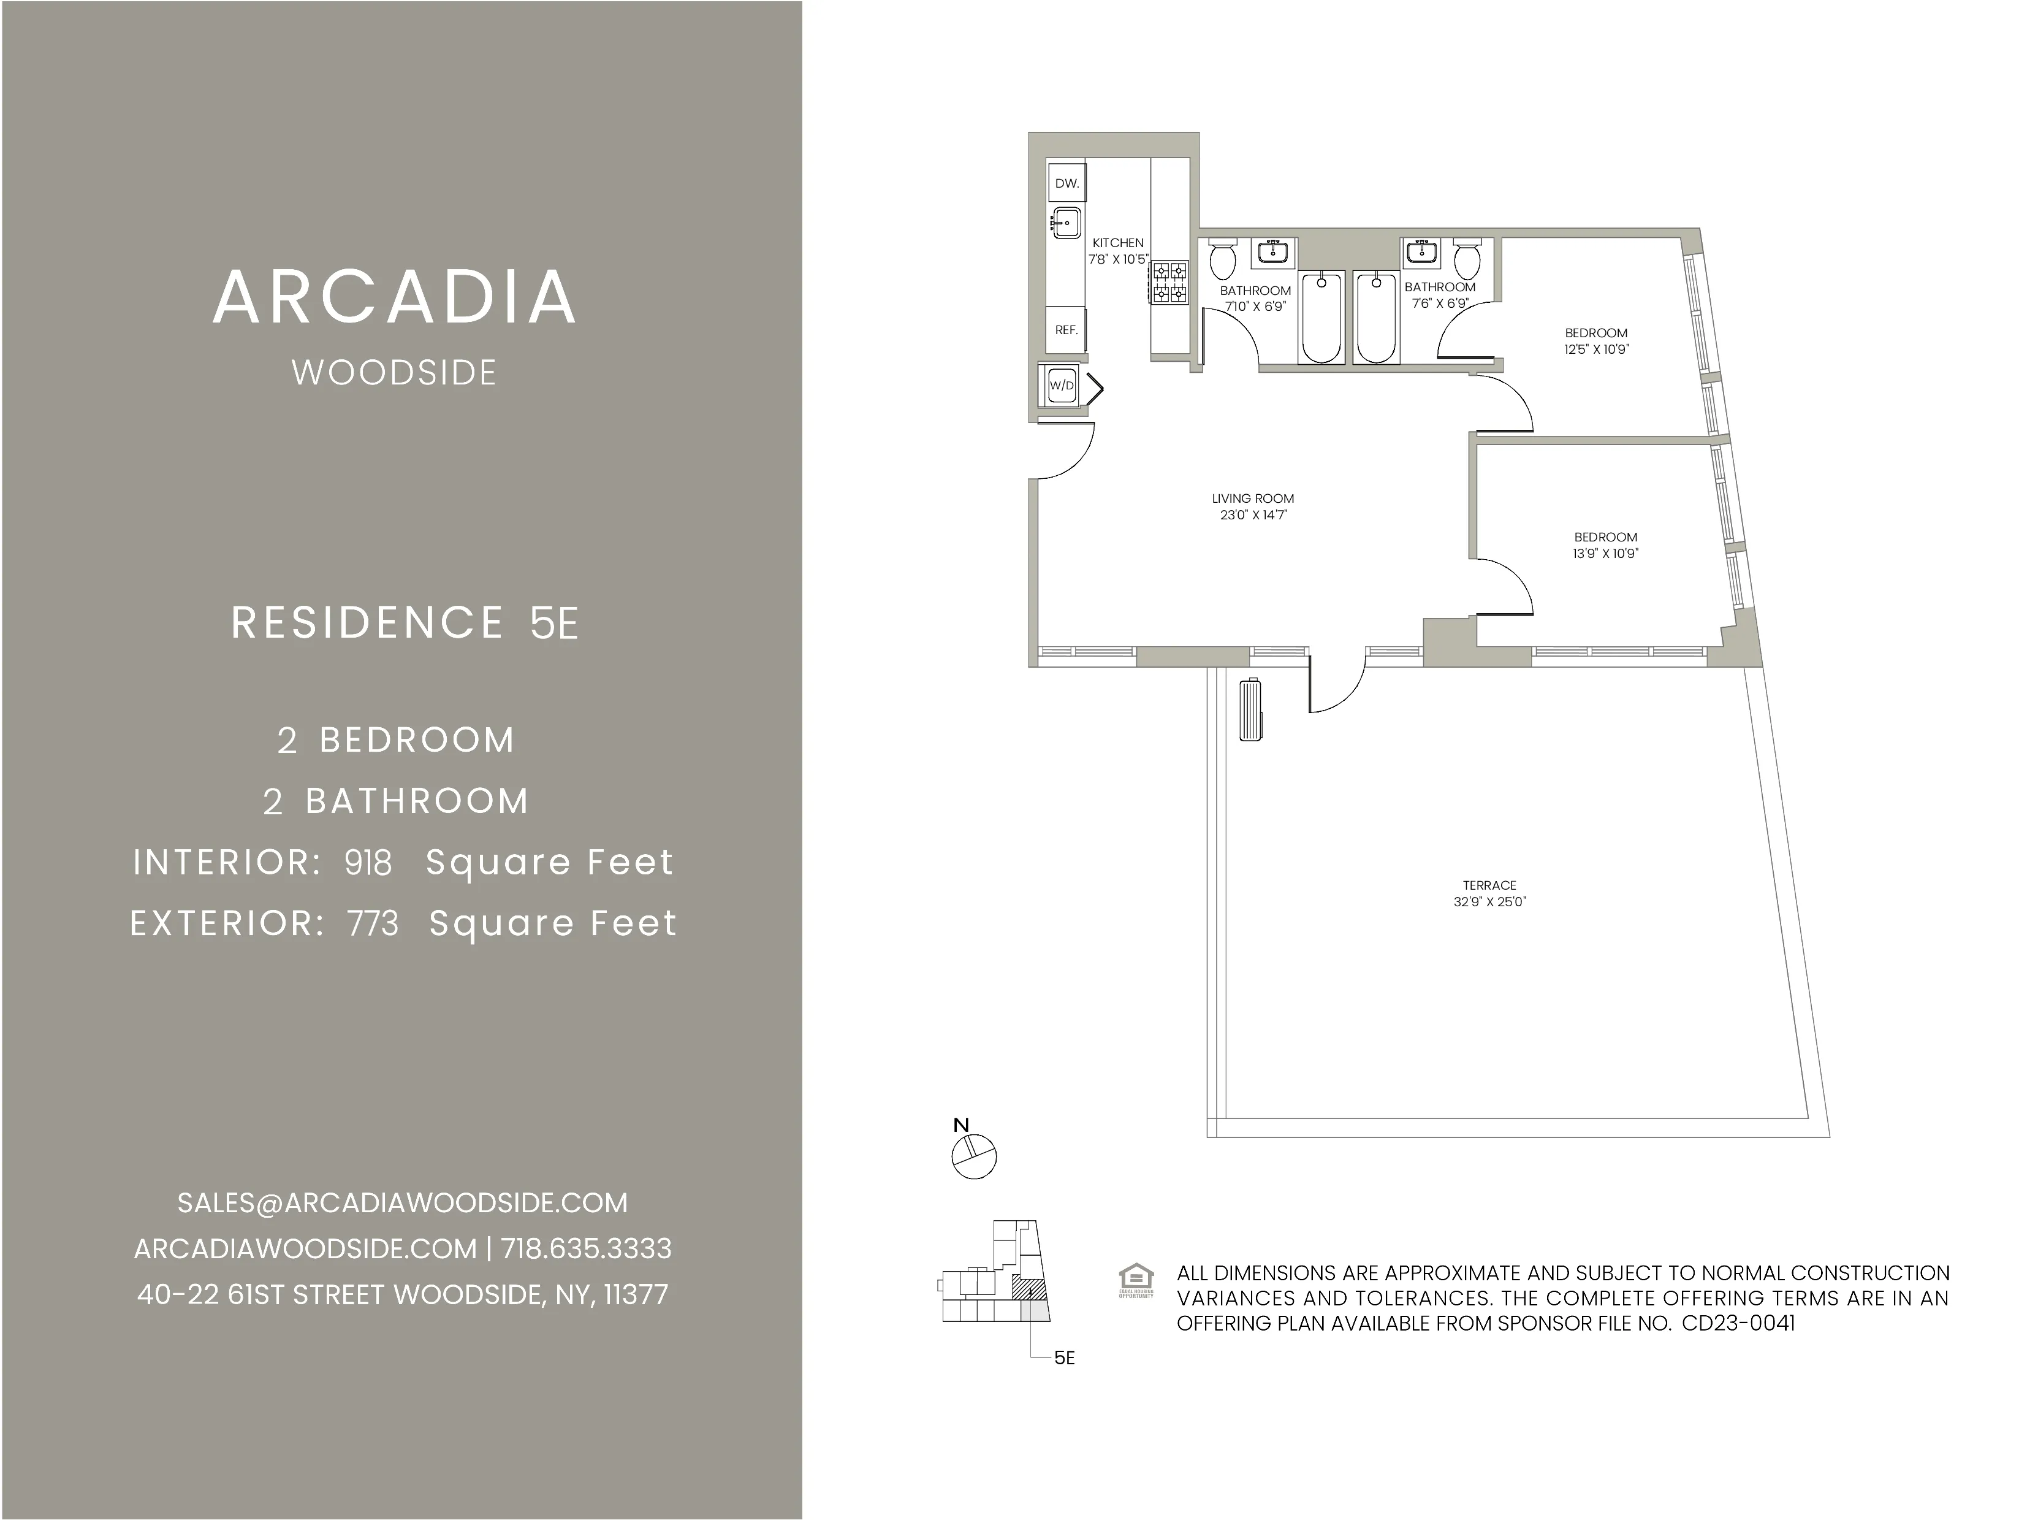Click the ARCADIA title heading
(x=395, y=297)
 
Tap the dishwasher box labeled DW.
(x=1067, y=183)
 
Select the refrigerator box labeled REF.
(x=1067, y=329)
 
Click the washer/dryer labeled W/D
(x=1062, y=386)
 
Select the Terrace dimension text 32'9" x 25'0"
(x=1489, y=902)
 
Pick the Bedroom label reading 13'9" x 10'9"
(x=1606, y=544)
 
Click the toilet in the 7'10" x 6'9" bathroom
(x=1222, y=261)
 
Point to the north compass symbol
(x=974, y=1156)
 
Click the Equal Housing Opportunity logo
(x=1136, y=1281)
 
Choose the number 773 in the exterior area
(x=373, y=923)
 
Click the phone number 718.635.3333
(x=586, y=1248)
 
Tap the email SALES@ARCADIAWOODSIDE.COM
(x=402, y=1202)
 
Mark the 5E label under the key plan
(x=1064, y=1358)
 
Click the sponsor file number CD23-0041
(x=1738, y=1323)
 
